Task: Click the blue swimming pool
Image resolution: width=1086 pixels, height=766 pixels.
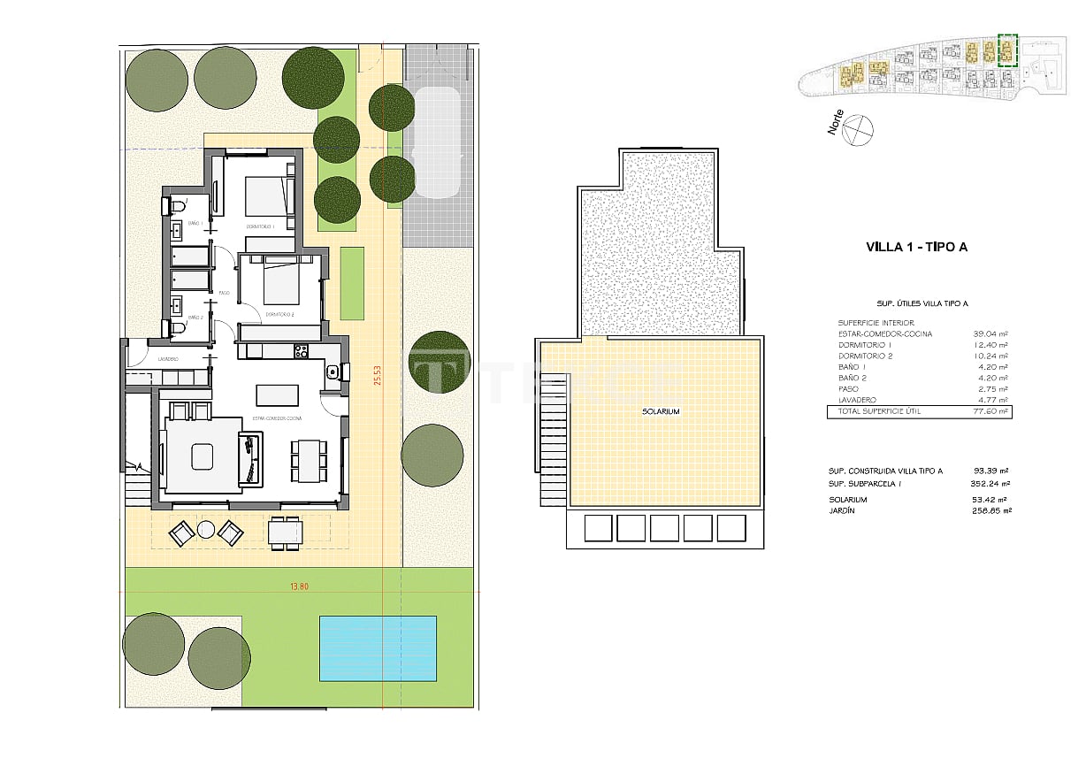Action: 379,647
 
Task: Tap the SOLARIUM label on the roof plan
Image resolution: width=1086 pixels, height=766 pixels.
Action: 662,411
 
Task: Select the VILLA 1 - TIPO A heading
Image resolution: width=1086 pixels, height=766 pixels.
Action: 916,247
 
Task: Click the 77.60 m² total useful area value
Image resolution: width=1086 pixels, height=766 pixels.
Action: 990,411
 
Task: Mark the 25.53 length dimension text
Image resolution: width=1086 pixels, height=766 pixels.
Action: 377,376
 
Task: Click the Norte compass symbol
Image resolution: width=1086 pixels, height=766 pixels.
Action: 858,130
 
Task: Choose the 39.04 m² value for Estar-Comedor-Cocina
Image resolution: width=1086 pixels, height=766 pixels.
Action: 990,333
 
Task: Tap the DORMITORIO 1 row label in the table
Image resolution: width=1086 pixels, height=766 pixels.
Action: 866,345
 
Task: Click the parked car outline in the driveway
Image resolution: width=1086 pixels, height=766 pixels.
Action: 438,142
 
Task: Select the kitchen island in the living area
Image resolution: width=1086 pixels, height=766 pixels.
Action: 278,394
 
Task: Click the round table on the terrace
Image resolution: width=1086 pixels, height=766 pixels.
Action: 206,530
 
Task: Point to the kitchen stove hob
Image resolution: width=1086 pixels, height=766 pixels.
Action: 301,351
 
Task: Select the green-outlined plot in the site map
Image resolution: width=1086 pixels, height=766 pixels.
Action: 1006,50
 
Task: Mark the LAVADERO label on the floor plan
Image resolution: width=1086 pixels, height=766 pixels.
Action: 169,359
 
